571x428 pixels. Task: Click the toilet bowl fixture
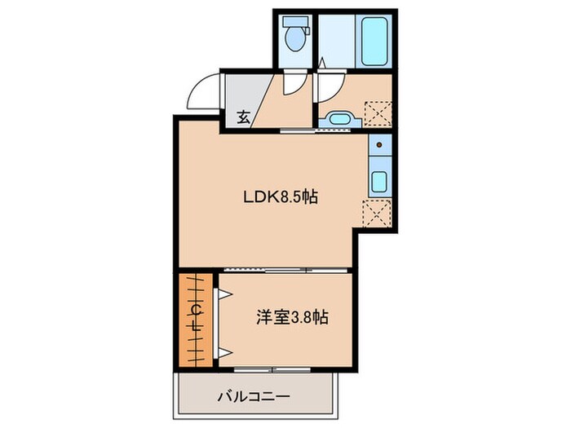click(x=294, y=36)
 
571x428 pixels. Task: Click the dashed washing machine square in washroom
click(x=376, y=111)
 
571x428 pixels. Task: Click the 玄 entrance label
click(x=243, y=116)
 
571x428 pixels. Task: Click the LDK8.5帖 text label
click(x=278, y=196)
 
